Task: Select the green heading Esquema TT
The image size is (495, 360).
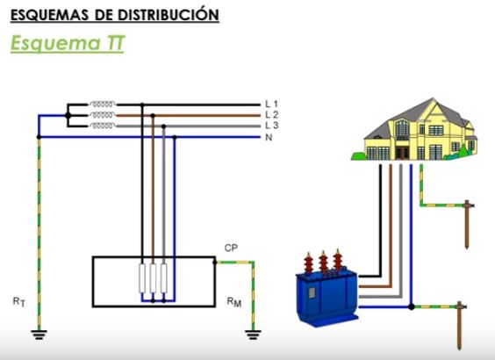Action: tap(68, 43)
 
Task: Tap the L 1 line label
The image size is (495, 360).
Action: tap(271, 104)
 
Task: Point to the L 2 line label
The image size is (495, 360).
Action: tap(271, 115)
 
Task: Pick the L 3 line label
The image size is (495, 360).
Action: tap(271, 126)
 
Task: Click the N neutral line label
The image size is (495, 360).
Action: tap(269, 137)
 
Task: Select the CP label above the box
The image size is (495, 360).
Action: tap(231, 248)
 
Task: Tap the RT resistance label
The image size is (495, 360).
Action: tap(19, 302)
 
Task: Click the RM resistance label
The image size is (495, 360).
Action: tap(234, 302)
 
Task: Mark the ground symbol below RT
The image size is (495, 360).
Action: tap(39, 335)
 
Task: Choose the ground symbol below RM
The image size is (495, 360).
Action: tap(253, 335)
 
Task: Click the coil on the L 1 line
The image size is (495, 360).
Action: tap(102, 104)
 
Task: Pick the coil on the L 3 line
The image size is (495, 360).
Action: tap(102, 126)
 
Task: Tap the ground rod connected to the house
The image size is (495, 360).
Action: tap(467, 224)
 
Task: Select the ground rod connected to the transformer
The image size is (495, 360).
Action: tap(459, 325)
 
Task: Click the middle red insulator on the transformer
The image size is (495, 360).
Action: tap(323, 263)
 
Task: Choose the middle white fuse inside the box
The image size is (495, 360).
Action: tap(153, 278)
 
